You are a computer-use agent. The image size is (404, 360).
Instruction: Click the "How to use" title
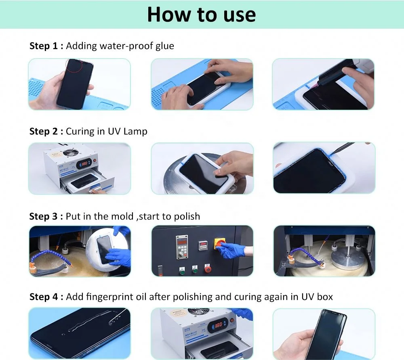[x=201, y=15]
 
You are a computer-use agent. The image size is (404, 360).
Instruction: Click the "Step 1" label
[x=46, y=46]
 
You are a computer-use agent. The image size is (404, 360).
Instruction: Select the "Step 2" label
[x=46, y=131]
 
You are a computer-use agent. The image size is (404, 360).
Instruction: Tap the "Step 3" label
[x=46, y=216]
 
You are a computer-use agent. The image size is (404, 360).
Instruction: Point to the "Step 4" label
[x=46, y=297]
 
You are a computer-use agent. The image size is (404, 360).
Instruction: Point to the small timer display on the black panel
[x=202, y=244]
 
